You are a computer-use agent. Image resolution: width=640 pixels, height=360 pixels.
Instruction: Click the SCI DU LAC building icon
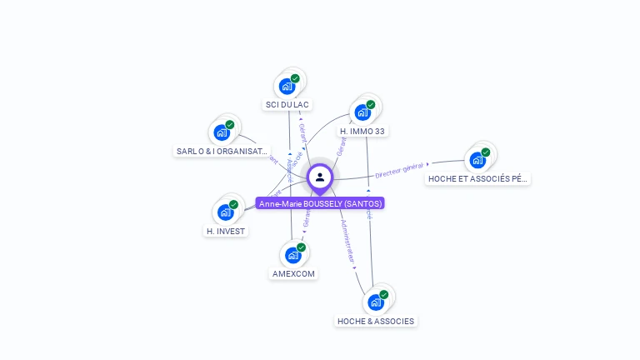(x=287, y=86)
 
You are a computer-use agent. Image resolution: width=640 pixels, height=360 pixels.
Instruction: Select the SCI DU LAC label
(x=287, y=104)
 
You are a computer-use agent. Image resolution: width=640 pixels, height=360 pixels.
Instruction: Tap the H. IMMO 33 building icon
(x=362, y=112)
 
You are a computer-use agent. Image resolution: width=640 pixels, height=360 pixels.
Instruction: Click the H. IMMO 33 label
(x=362, y=132)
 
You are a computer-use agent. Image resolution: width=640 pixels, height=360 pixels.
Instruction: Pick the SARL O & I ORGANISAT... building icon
(x=222, y=132)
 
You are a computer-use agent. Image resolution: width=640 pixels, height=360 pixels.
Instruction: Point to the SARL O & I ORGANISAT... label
(x=222, y=152)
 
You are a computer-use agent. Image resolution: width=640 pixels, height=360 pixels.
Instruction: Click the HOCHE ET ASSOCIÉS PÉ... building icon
(x=477, y=159)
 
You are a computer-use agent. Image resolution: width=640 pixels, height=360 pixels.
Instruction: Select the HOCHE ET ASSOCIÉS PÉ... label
(x=477, y=178)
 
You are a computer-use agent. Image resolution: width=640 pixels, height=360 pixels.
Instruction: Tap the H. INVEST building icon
(x=226, y=212)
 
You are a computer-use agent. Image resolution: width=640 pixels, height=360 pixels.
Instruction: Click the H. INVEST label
(x=227, y=231)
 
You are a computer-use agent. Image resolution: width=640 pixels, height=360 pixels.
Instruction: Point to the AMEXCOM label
(x=294, y=273)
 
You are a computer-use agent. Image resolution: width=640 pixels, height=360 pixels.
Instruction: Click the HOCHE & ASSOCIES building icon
(x=376, y=302)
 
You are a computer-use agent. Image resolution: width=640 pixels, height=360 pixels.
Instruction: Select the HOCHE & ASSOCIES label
(x=376, y=321)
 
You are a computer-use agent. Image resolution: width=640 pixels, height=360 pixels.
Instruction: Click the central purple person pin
(x=320, y=177)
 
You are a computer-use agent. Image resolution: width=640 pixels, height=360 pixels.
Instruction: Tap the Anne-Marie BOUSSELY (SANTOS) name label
(x=320, y=203)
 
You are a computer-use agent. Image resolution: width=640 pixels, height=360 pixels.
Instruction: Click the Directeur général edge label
(x=400, y=171)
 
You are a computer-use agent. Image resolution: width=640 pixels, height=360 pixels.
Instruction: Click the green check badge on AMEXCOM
(x=301, y=247)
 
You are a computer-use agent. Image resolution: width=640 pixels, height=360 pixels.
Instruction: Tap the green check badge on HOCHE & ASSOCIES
(x=384, y=294)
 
